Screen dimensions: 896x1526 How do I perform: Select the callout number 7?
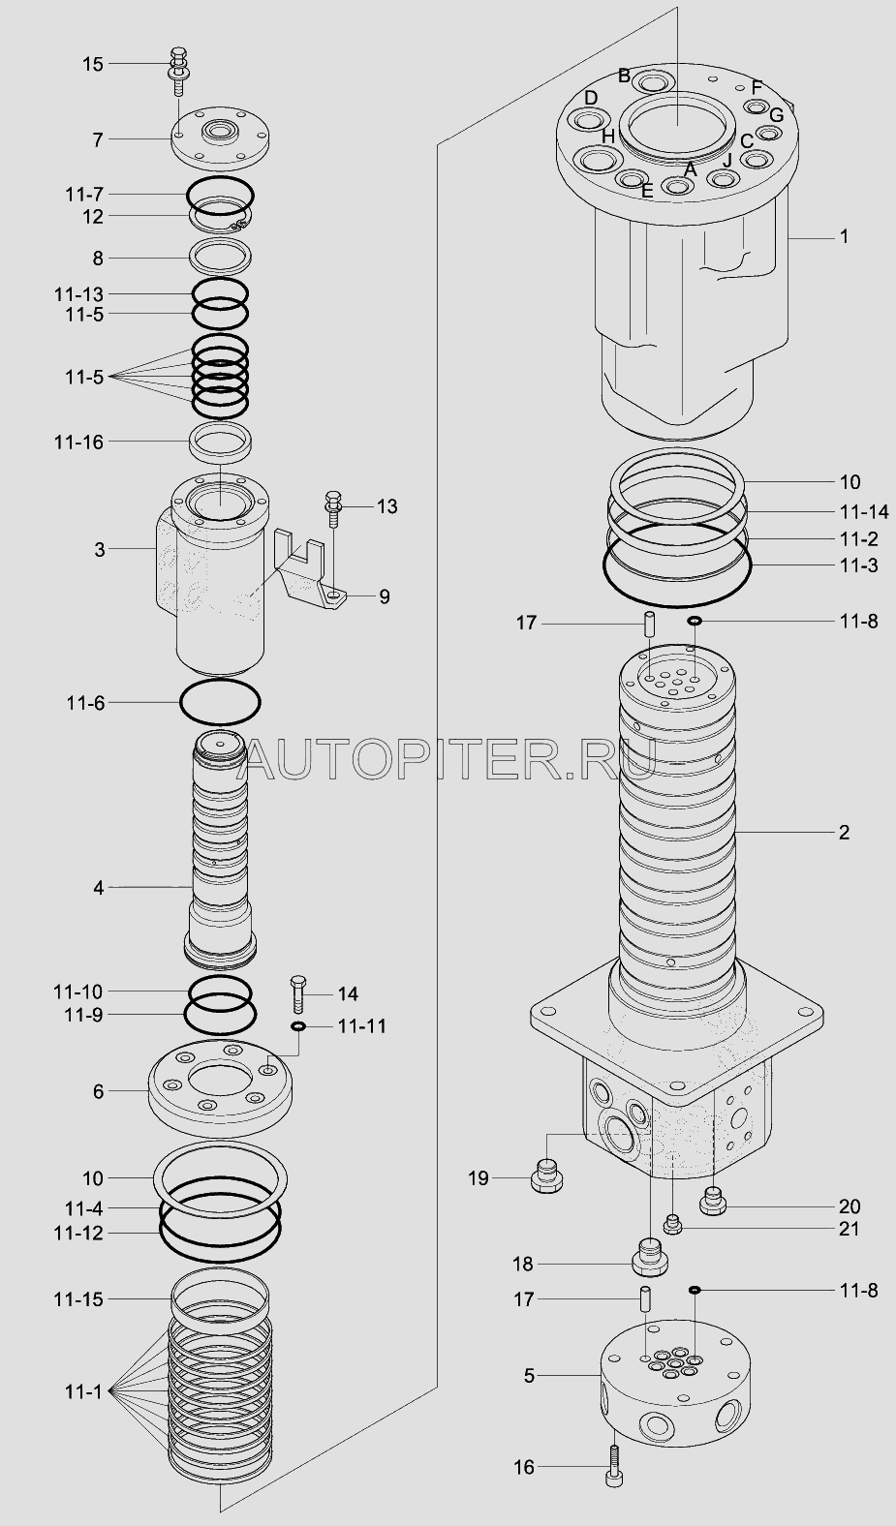98,139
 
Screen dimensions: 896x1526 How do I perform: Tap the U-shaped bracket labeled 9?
309,568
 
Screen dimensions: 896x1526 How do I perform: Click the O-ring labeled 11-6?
220,702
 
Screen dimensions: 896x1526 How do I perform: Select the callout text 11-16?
79,443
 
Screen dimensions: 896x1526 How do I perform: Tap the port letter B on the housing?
624,76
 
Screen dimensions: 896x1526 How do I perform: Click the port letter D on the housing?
591,98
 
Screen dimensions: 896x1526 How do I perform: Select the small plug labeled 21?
673,1224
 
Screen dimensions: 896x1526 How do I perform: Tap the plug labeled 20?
713,1200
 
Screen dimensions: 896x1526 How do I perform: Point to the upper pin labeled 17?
649,624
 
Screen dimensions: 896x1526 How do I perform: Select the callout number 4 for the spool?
99,888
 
